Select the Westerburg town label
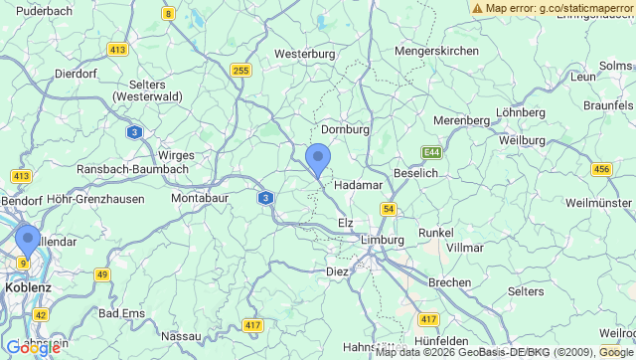pos(304,53)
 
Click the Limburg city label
pos(383,240)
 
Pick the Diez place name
pos(338,270)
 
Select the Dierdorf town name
pos(76,73)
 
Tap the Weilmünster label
pos(598,203)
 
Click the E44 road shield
pos(431,152)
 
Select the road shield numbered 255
pos(240,70)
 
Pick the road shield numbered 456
pos(601,169)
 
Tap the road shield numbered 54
pos(388,209)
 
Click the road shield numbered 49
pos(102,273)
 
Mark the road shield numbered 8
pos(169,14)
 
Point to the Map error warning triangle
pos(478,8)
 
